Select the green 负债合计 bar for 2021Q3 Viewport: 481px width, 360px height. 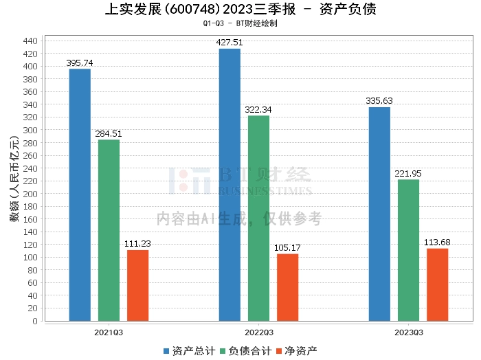[x=109, y=230]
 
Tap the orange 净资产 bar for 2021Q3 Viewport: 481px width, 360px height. [x=137, y=285]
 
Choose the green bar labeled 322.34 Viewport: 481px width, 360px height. [x=258, y=218]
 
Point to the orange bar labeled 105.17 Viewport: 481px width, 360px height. [x=287, y=287]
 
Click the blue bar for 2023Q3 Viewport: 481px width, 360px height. [x=379, y=214]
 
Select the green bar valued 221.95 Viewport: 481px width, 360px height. [x=408, y=250]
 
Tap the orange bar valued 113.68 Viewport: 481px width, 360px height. [x=437, y=284]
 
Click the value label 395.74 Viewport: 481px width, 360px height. [x=80, y=63]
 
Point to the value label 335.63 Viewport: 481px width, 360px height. [x=379, y=101]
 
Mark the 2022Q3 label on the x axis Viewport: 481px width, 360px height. [x=258, y=332]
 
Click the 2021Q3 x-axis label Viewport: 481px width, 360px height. [x=109, y=332]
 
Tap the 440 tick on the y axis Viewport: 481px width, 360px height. [x=30, y=41]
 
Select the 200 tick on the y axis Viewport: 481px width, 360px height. [x=30, y=194]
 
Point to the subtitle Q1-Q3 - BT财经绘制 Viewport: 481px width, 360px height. [x=240, y=23]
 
